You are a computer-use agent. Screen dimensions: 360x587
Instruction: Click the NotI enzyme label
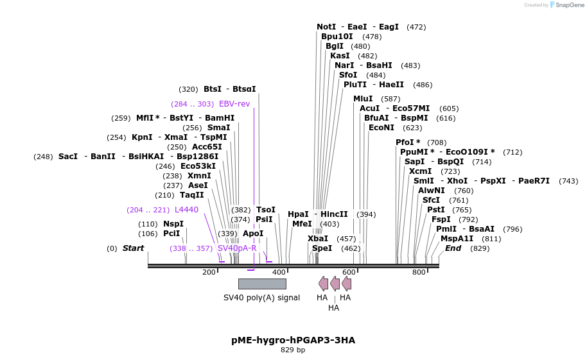click(326, 27)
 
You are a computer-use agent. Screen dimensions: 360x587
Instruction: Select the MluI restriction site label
click(363, 98)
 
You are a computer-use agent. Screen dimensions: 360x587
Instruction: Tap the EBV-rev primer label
click(234, 103)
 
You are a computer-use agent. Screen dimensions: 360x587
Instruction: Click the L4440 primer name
click(186, 210)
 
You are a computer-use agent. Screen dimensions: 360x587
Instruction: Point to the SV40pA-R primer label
click(237, 248)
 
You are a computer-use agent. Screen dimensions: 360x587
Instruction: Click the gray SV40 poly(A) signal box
click(262, 284)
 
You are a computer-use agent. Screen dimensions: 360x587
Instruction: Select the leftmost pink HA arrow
click(323, 284)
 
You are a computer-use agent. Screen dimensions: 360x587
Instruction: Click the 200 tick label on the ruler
click(209, 272)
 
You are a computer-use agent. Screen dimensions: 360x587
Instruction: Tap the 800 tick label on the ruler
click(419, 272)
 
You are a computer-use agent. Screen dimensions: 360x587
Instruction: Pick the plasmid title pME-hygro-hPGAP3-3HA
click(293, 340)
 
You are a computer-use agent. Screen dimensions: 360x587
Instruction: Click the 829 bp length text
click(293, 350)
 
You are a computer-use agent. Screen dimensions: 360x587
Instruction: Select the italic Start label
click(134, 248)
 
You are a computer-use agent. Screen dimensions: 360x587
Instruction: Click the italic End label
click(453, 248)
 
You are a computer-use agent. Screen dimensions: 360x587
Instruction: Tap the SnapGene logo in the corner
click(566, 5)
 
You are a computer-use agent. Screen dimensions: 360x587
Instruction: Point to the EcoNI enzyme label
click(381, 128)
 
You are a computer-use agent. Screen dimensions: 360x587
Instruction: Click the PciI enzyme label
click(171, 234)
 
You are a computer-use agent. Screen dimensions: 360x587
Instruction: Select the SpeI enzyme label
click(322, 248)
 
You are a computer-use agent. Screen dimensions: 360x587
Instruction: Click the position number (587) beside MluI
click(390, 99)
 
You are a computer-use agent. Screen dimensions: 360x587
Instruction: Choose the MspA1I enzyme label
click(457, 239)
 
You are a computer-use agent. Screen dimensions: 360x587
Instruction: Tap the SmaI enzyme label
click(218, 128)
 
